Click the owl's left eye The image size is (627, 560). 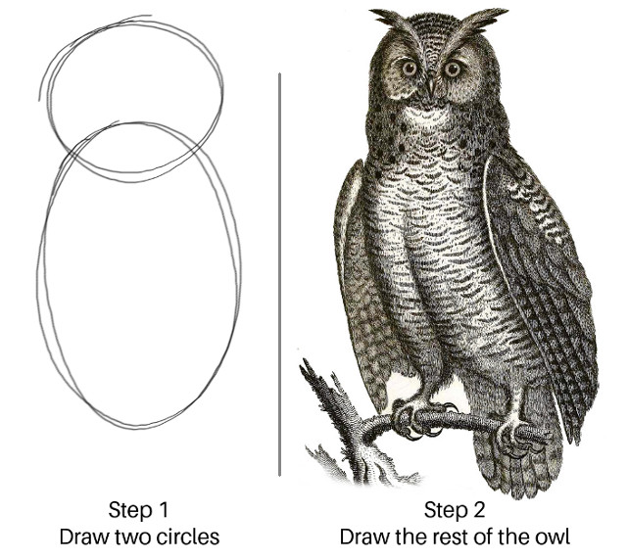pyautogui.click(x=409, y=69)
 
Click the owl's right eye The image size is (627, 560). pyautogui.click(x=453, y=69)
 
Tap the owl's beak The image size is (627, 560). pyautogui.click(x=429, y=88)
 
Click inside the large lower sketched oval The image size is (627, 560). pyautogui.click(x=137, y=284)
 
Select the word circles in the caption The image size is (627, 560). pyautogui.click(x=185, y=537)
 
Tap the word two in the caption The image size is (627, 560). pyautogui.click(x=126, y=537)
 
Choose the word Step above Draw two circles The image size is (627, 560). pyautogui.click(x=127, y=511)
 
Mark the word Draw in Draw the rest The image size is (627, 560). pyautogui.click(x=363, y=537)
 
